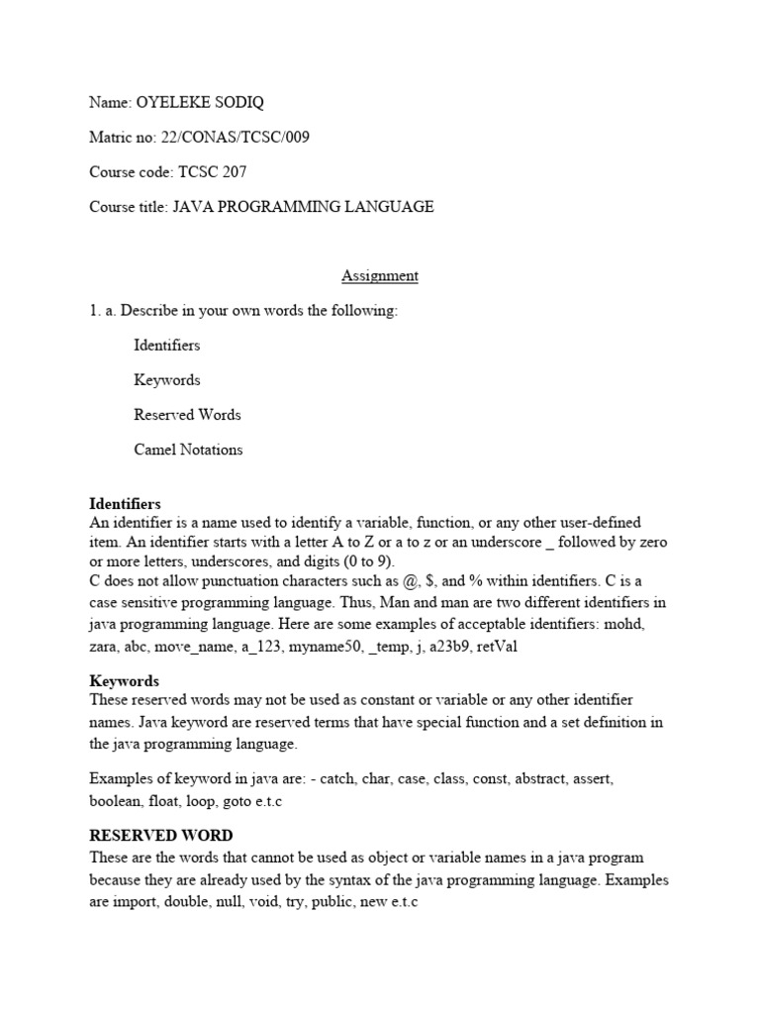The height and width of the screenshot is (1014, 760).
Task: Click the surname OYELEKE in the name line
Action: (x=173, y=103)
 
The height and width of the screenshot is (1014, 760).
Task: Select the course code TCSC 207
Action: (x=212, y=172)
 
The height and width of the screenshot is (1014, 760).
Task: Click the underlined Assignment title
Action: (x=380, y=276)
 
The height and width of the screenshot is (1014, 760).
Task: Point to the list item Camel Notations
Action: (x=188, y=450)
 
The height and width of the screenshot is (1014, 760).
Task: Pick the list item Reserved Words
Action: (x=187, y=415)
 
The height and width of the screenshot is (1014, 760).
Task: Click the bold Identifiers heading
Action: (x=125, y=504)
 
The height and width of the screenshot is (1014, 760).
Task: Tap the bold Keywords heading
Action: (x=124, y=681)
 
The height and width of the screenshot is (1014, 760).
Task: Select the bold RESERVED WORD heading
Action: (x=161, y=835)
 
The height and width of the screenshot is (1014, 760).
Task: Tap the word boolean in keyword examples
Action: (x=116, y=802)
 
